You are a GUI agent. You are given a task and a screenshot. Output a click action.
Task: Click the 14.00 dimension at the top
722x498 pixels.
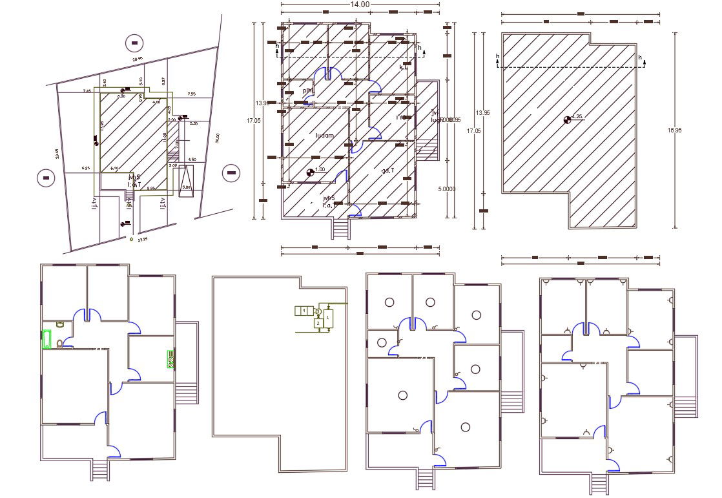(x=360, y=5)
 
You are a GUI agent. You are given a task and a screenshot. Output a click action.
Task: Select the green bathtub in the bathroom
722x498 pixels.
(x=46, y=339)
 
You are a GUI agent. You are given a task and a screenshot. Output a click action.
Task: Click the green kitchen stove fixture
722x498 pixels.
(x=171, y=359)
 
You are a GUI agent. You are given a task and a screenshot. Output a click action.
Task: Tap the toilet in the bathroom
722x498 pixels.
(x=59, y=344)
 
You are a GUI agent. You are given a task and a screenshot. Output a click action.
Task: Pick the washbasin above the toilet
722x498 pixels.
(x=59, y=324)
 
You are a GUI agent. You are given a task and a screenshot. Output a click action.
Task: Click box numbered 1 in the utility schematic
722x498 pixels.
(x=328, y=317)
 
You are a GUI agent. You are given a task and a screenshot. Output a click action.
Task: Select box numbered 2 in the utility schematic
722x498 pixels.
(x=317, y=323)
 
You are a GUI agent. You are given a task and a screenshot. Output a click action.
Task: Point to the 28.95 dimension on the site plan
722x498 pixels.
(x=137, y=60)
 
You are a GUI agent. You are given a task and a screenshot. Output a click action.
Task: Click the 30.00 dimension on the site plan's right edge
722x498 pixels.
(x=218, y=138)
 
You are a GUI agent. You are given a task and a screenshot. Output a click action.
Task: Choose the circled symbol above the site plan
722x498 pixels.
(x=134, y=43)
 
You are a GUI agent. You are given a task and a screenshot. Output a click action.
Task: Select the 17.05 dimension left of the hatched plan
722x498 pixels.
(x=257, y=120)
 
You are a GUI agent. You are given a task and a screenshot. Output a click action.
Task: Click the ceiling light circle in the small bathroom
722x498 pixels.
(x=382, y=342)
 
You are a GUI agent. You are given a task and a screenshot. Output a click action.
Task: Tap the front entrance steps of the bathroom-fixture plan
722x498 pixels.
(x=99, y=471)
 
